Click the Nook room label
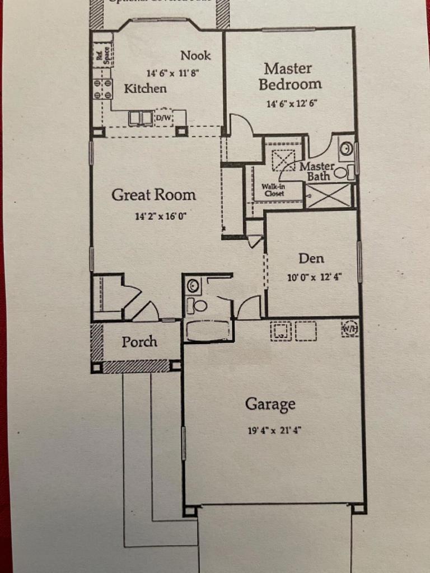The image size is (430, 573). [195, 55]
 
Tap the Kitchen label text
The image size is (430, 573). [145, 88]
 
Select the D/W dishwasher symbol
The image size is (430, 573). [163, 118]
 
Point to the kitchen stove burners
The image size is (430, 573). [102, 89]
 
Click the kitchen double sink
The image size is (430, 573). [141, 118]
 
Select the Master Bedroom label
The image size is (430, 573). [289, 77]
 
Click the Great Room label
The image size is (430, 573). [153, 195]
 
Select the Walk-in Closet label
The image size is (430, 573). [273, 190]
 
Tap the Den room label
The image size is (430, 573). [311, 258]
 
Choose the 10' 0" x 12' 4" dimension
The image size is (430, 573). [314, 276]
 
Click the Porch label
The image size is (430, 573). [139, 341]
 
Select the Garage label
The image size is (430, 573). [270, 403]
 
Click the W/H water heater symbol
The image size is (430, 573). [349, 328]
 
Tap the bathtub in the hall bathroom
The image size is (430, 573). [207, 331]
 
